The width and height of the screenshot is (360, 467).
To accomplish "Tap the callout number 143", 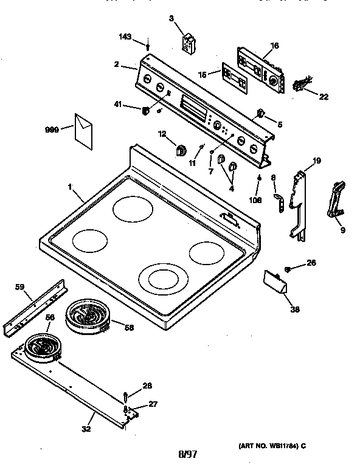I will [x=125, y=38].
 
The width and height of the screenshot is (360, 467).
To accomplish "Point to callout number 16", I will [x=274, y=46].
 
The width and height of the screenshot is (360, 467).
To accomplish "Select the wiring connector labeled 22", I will [x=301, y=85].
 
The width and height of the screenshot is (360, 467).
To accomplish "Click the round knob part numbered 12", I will [x=180, y=150].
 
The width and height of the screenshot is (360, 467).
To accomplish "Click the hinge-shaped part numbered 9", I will [x=336, y=199].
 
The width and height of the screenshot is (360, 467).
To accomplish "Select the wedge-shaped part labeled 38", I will [x=275, y=283].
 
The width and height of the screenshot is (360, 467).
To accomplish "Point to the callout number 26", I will [x=311, y=263].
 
